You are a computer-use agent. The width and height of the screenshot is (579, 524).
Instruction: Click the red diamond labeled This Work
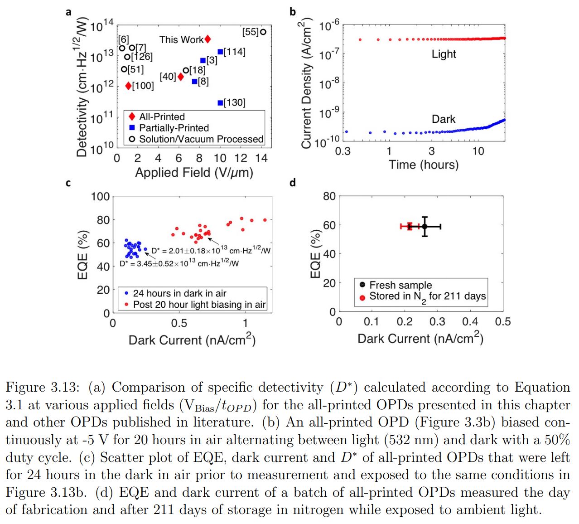[207, 39]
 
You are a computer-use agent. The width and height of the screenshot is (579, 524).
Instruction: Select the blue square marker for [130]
[220, 103]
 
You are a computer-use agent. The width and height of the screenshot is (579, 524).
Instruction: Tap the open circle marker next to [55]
[263, 32]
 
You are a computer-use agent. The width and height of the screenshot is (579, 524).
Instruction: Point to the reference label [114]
[235, 52]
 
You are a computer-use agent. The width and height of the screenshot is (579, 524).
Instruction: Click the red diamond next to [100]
[128, 86]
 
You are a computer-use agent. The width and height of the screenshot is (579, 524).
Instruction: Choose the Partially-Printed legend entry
[174, 128]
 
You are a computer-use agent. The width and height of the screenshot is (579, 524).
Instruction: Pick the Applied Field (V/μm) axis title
[194, 173]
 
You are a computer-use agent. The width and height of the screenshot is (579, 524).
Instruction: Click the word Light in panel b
[444, 54]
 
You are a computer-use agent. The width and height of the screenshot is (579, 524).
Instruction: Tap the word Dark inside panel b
[443, 119]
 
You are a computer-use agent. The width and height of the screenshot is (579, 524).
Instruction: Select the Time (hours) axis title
[423, 165]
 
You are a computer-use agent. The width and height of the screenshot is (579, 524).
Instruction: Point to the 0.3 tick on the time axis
[343, 151]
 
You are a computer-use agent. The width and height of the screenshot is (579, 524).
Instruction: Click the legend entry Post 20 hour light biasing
[199, 305]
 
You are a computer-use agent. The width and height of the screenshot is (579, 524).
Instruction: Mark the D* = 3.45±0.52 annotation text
[179, 263]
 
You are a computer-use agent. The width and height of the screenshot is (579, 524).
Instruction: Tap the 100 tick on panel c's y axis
[100, 197]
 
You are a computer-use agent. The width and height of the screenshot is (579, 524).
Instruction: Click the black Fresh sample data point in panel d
[425, 226]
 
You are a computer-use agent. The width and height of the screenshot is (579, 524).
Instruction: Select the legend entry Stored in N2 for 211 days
[427, 297]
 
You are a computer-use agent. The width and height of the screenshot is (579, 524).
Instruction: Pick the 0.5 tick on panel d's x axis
[502, 322]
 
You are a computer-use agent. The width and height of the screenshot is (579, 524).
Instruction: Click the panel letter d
[292, 183]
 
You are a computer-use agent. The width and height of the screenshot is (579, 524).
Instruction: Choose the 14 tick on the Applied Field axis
[261, 158]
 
